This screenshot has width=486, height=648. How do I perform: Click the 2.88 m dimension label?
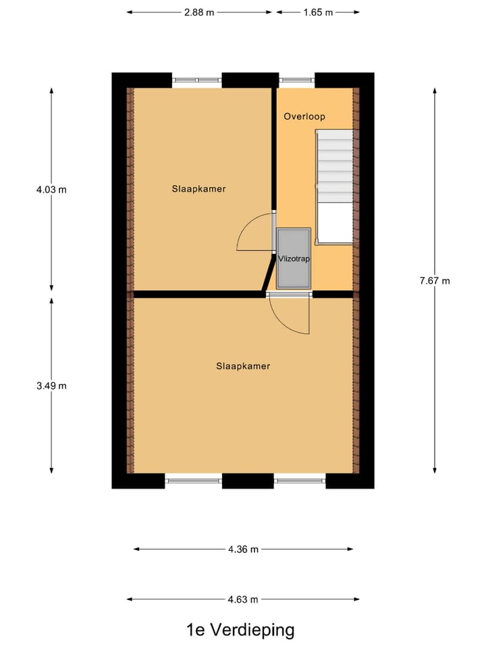point(200,12)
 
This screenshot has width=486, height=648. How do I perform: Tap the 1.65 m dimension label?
point(318,12)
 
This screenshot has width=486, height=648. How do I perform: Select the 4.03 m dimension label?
point(52,190)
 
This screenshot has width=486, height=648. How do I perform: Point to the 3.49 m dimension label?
point(52,386)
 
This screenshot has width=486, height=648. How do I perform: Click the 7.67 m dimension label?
point(434,281)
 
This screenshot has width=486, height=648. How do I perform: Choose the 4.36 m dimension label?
point(243,549)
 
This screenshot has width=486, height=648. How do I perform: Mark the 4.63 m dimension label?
point(243,599)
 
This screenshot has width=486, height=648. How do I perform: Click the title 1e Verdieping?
point(240,630)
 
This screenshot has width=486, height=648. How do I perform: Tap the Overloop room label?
point(304,117)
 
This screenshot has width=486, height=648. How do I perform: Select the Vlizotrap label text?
point(293,259)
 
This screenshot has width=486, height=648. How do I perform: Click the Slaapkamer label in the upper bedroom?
point(198,189)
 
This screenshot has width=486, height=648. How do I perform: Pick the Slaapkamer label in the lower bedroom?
point(243,366)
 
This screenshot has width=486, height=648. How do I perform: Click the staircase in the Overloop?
point(335,169)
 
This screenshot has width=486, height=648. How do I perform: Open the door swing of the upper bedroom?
point(255,232)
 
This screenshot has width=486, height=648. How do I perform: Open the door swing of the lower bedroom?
point(289,315)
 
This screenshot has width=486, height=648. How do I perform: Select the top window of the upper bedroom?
point(197,80)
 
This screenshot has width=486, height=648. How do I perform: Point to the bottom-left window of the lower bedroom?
point(194,481)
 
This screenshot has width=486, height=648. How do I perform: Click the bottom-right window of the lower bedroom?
point(300,481)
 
